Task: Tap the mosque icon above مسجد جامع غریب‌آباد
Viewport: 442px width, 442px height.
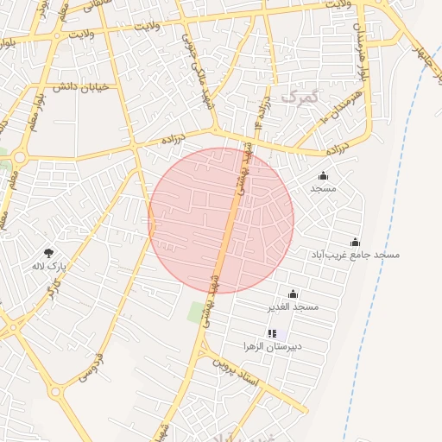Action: tap(355, 243)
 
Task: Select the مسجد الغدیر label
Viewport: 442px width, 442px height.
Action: tap(294, 306)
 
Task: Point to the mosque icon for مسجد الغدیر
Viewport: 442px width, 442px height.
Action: tap(293, 294)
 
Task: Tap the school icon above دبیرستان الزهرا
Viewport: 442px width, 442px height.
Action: tap(273, 333)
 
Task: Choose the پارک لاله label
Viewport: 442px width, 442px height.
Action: tap(49, 266)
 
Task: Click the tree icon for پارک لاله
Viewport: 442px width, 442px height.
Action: tap(49, 253)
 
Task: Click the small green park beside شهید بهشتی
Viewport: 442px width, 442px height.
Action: tap(196, 312)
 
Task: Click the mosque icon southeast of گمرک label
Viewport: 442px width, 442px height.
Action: tap(323, 176)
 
